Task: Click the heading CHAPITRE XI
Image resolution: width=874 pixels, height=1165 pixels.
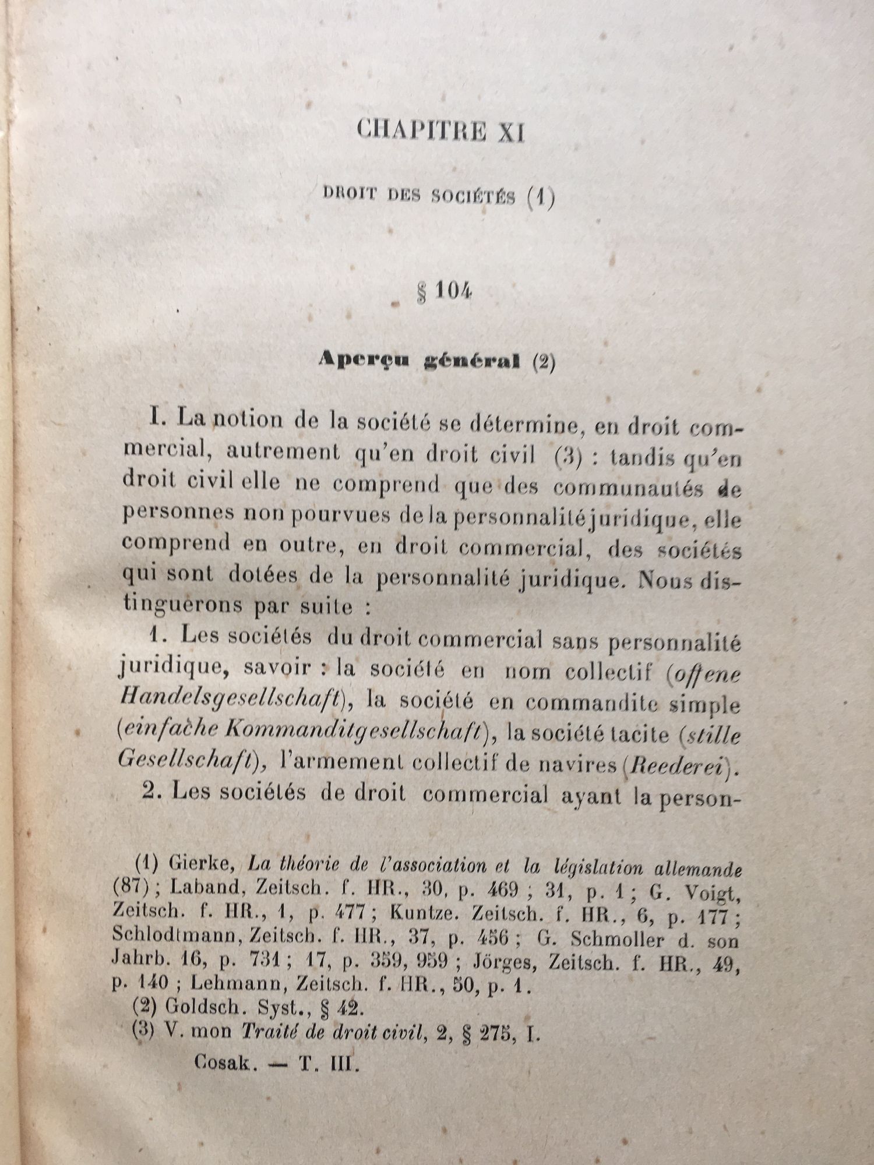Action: [x=440, y=130]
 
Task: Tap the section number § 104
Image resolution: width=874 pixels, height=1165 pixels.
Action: [x=444, y=291]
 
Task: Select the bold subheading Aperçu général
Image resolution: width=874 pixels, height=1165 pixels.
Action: [x=419, y=361]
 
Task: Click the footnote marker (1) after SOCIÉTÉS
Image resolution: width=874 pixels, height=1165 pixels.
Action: [x=540, y=197]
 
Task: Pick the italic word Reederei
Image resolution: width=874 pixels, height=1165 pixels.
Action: [x=679, y=765]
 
